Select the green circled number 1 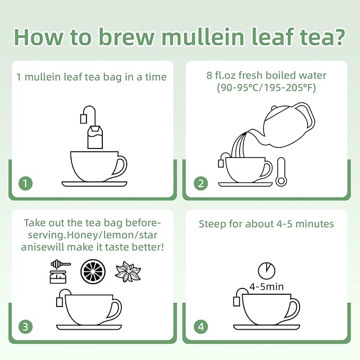pos(25,184)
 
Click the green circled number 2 pos(200,184)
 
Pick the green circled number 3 pos(25,326)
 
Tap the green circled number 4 pos(200,326)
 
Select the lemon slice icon pos(93,271)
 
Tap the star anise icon pos(128,271)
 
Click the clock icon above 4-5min pos(266,270)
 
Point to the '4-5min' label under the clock pos(266,287)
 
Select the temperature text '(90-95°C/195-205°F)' pos(266,89)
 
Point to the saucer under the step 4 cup pos(266,326)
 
